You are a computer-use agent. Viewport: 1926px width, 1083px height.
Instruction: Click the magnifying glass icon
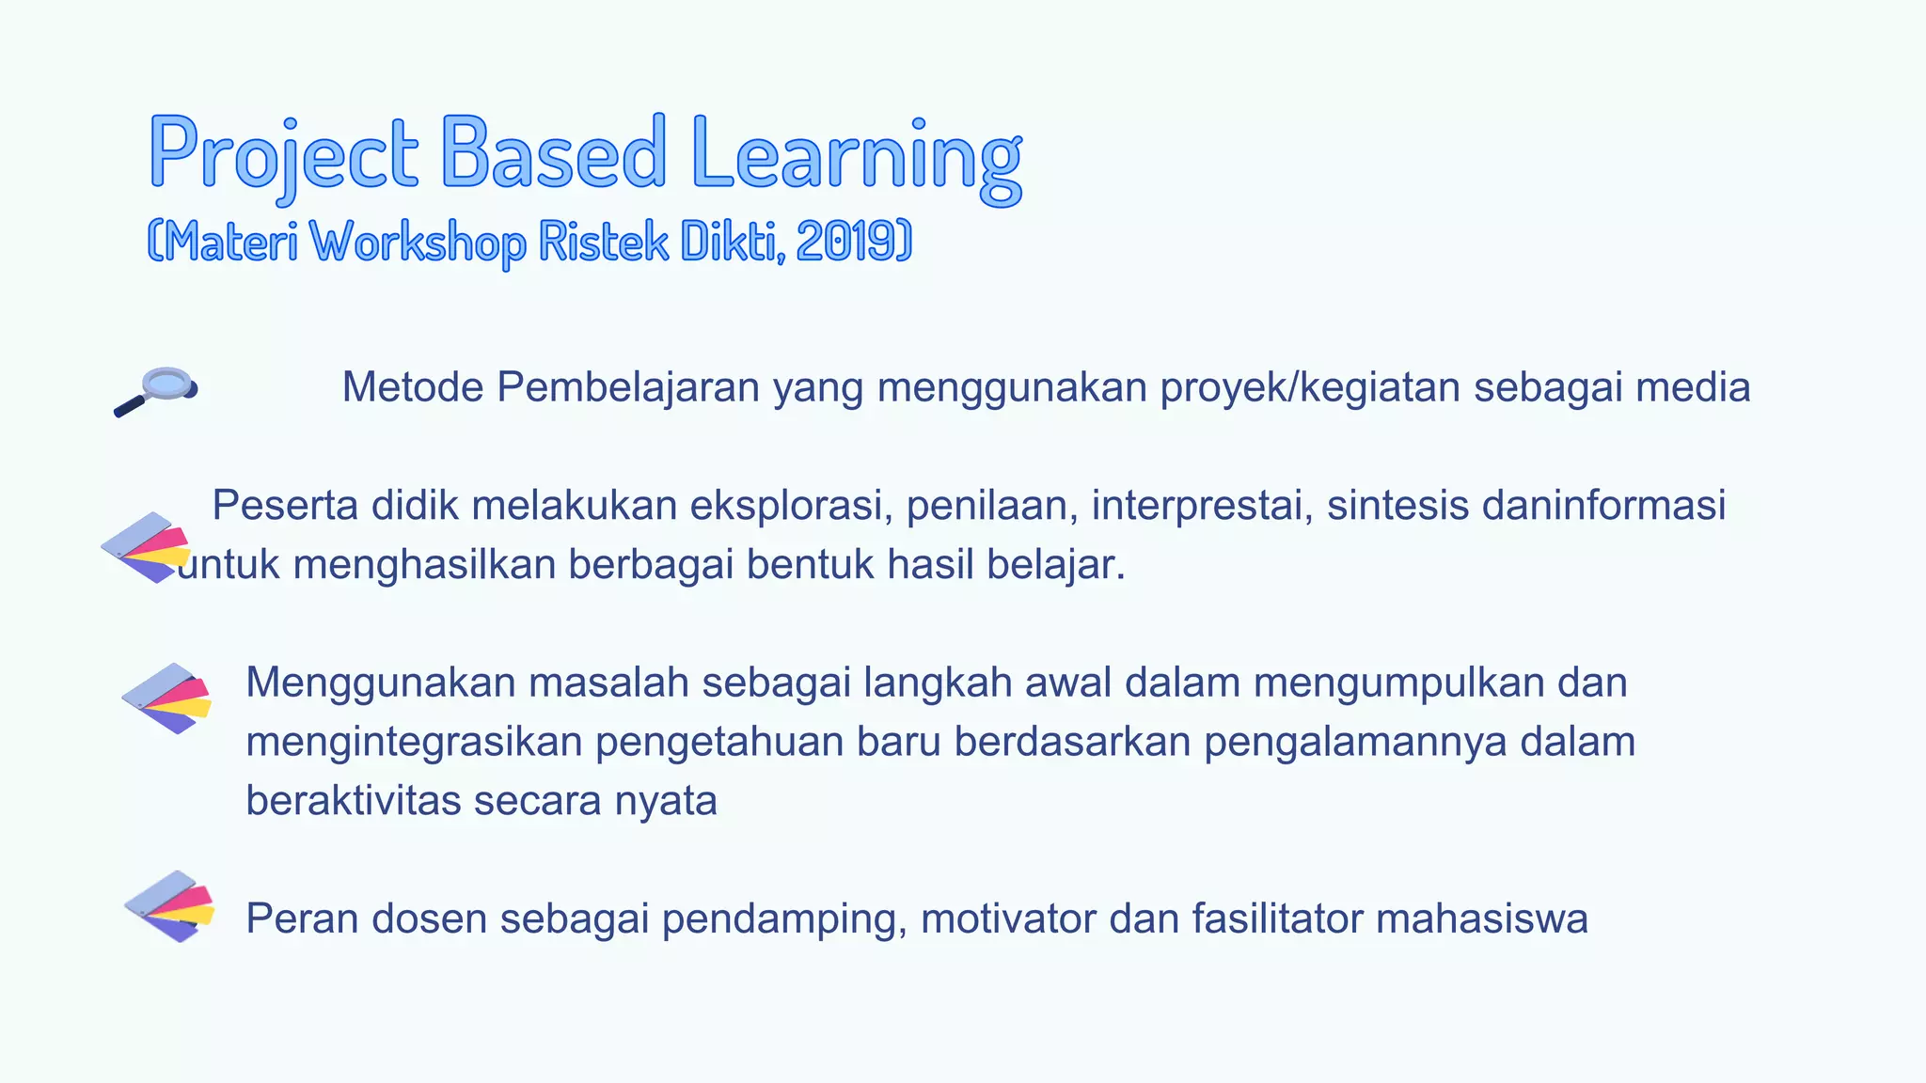tap(156, 390)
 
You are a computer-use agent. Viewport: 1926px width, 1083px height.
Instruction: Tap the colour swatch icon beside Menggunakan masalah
tap(166, 698)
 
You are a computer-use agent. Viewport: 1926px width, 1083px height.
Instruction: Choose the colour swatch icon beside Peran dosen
tap(169, 906)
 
